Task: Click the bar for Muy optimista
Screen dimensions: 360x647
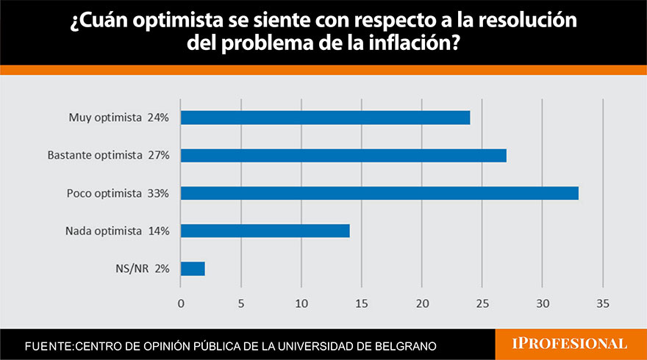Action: coord(325,118)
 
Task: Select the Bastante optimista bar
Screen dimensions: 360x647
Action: coord(343,155)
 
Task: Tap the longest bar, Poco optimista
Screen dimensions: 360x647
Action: coord(379,193)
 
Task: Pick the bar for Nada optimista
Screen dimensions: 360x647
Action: coord(265,231)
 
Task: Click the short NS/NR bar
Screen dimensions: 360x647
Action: coord(193,269)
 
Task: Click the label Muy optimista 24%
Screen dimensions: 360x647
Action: coord(119,118)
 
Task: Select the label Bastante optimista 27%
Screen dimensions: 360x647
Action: coord(108,155)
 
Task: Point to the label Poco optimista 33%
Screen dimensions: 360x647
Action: coord(118,193)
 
